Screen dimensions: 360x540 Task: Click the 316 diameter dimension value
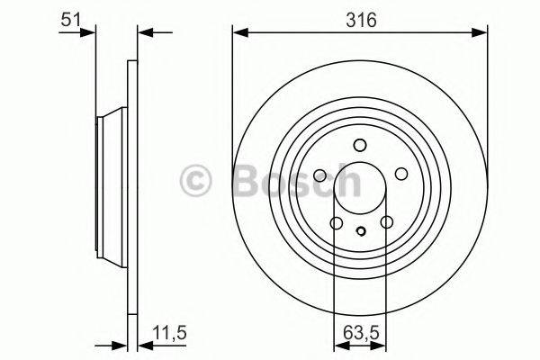click(359, 17)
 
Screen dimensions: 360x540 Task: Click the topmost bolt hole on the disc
click(360, 145)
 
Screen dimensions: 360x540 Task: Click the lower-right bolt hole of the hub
click(386, 224)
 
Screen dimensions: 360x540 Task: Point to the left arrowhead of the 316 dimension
click(239, 33)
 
